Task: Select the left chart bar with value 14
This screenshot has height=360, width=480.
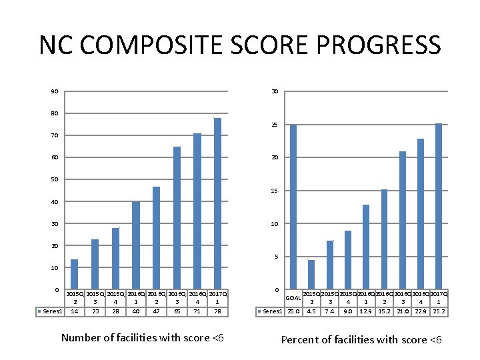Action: pyautogui.click(x=74, y=274)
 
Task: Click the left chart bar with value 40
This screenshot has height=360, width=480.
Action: pyautogui.click(x=136, y=245)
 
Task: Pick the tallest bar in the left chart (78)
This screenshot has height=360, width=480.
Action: pyautogui.click(x=217, y=203)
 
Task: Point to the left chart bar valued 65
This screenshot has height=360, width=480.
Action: pyautogui.click(x=177, y=218)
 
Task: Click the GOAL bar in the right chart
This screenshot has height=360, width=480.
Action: pyautogui.click(x=293, y=207)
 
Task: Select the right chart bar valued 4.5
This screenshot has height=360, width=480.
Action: pyautogui.click(x=311, y=275)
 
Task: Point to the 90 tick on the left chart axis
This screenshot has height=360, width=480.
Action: pyautogui.click(x=54, y=91)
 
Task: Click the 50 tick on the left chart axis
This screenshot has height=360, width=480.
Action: pyautogui.click(x=54, y=179)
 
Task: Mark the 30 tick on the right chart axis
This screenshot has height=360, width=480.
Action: pyautogui.click(x=275, y=91)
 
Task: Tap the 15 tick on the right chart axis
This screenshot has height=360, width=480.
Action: pyautogui.click(x=275, y=191)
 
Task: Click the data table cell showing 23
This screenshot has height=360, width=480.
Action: pyautogui.click(x=95, y=311)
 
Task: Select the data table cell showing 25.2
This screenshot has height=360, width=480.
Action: pyautogui.click(x=438, y=311)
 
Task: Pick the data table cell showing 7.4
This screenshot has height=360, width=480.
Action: pyautogui.click(x=329, y=311)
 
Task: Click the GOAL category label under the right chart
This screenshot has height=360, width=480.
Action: pyautogui.click(x=293, y=297)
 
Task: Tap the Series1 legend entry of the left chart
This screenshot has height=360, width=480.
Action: pyautogui.click(x=51, y=311)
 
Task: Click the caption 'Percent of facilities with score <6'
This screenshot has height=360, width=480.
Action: pyautogui.click(x=361, y=340)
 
